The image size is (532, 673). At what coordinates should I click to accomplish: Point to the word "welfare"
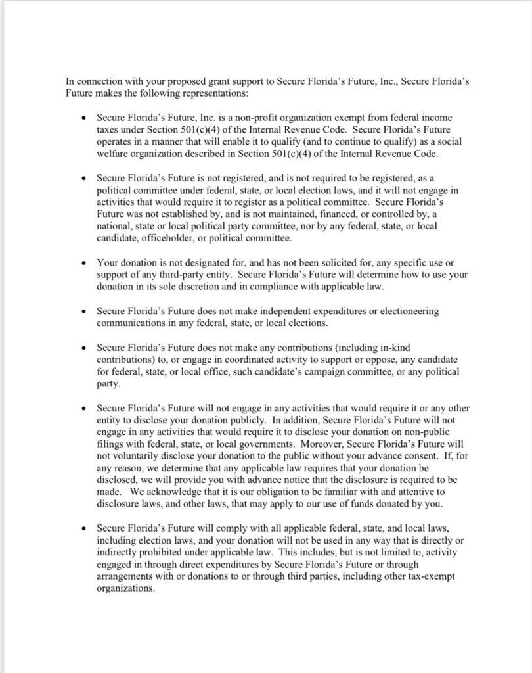[112, 154]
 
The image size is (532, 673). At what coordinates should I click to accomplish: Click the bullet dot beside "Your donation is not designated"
[82, 262]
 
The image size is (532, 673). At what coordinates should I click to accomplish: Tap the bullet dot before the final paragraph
[82, 528]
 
